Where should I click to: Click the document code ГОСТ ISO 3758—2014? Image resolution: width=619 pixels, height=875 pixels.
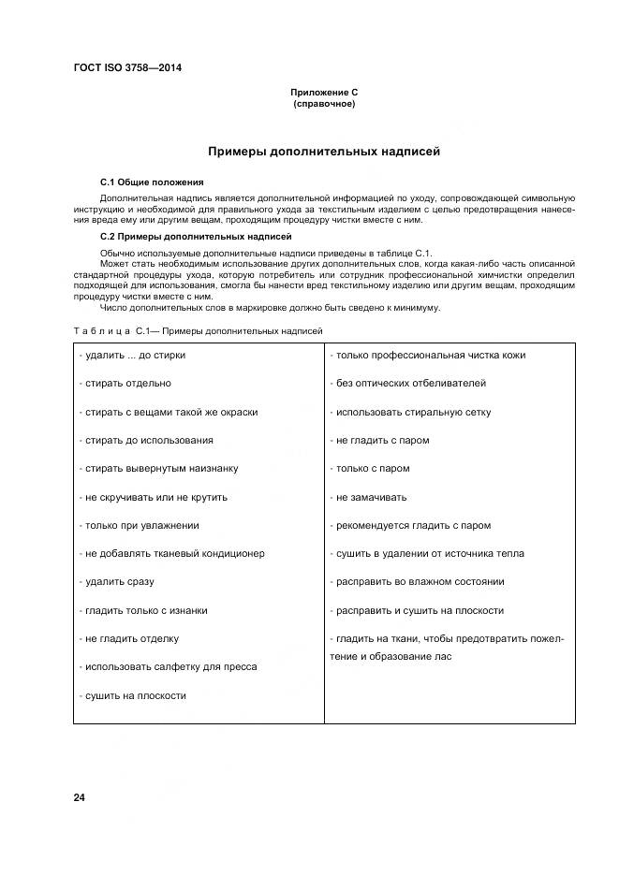(x=126, y=67)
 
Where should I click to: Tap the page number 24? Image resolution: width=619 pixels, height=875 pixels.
(x=79, y=797)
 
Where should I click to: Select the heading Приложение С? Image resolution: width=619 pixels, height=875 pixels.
(x=324, y=93)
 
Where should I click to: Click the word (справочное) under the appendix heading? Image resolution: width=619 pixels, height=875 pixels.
(x=324, y=104)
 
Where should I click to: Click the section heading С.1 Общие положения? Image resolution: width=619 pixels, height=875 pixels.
(x=152, y=182)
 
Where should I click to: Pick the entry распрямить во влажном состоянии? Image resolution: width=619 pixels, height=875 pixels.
(x=418, y=582)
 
